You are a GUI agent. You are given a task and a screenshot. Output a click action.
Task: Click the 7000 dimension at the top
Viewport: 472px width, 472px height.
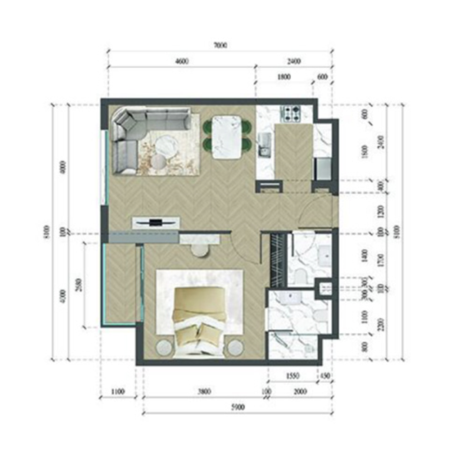(220, 45)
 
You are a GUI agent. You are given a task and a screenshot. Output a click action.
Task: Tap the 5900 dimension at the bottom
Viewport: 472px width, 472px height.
(237, 407)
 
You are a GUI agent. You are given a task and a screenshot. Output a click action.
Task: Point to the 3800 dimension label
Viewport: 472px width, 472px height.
(204, 391)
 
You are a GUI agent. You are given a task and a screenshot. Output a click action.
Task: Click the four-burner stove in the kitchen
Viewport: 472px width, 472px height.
(290, 112)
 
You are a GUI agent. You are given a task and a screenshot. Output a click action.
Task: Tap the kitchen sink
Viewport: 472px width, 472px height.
(264, 143)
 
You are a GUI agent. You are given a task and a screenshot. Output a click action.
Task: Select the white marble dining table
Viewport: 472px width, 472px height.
(227, 137)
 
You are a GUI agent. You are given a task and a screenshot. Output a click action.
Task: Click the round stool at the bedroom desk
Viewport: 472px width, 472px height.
(201, 250)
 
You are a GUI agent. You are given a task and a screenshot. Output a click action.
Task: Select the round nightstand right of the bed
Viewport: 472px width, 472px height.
(235, 348)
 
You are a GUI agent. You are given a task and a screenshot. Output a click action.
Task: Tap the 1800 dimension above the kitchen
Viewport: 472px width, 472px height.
(283, 77)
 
